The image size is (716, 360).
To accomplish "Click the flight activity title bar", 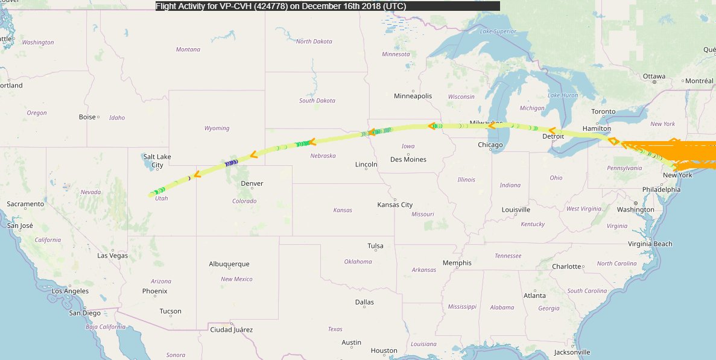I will (x=327, y=6).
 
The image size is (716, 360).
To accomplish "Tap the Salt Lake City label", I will (x=157, y=161).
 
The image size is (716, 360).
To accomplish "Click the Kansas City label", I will (x=394, y=204).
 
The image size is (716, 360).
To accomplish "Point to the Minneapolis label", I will (x=413, y=96).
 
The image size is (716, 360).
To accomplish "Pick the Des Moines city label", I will (x=408, y=159).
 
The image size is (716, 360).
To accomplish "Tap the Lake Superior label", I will (x=498, y=31).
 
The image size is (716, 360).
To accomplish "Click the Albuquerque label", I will (x=229, y=264).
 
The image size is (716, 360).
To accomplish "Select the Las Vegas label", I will (x=113, y=256).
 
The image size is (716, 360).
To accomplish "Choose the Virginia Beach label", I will (x=650, y=244).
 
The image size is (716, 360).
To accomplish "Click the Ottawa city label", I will (x=654, y=77).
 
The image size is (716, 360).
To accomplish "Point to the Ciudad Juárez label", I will (x=231, y=330).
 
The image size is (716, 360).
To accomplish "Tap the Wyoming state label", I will (x=217, y=128).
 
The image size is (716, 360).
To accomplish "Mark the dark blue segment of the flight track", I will (x=230, y=163).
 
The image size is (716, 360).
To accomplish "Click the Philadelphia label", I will (x=661, y=189).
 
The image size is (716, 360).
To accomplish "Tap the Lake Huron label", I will (x=562, y=95).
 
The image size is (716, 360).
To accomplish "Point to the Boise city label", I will (x=87, y=117).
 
